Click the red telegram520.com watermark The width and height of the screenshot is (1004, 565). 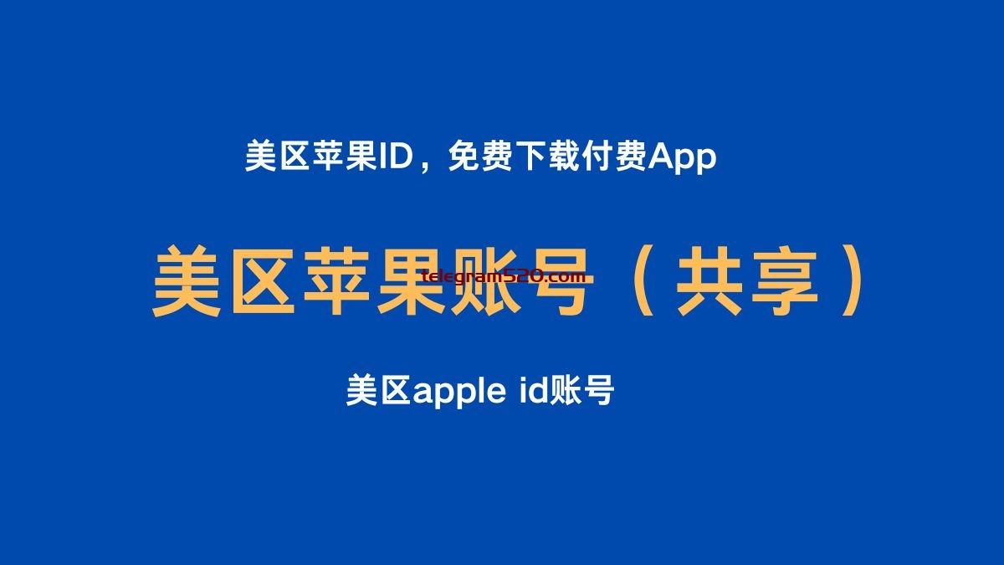[x=504, y=276]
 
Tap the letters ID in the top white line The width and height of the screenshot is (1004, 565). [x=396, y=157]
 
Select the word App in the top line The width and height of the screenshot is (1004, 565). [x=683, y=159]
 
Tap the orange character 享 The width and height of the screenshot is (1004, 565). [x=785, y=281]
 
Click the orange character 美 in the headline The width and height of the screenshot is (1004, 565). [x=187, y=281]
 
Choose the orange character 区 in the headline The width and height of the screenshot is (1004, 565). [x=262, y=281]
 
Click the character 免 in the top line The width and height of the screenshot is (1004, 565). [x=464, y=156]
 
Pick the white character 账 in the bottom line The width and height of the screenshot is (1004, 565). [x=565, y=390]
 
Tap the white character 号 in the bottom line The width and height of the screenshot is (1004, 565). [x=598, y=390]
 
